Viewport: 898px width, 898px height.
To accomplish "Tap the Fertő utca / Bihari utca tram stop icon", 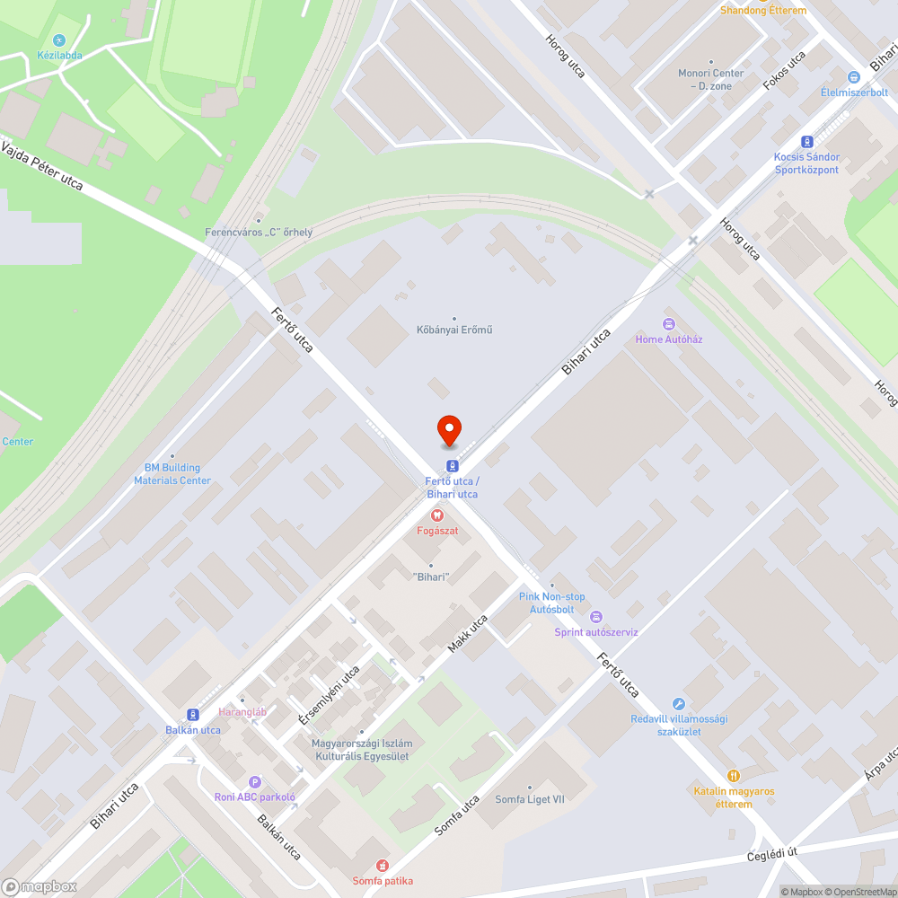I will click(x=452, y=465).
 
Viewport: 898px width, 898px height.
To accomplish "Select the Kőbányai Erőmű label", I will click(x=453, y=330).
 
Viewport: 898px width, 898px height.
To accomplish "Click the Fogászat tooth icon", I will click(x=437, y=515).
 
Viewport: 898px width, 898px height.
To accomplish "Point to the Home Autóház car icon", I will click(x=667, y=324).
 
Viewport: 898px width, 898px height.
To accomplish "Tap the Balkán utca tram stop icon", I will click(x=192, y=715).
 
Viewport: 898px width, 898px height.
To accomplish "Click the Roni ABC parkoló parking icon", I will click(x=255, y=782).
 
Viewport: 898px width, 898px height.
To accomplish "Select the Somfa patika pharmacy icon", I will click(x=383, y=866).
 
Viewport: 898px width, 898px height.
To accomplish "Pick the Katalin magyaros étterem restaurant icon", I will click(x=734, y=776).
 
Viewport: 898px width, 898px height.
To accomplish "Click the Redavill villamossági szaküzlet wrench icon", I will click(x=678, y=704).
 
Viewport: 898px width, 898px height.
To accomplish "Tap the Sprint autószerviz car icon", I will click(x=595, y=617).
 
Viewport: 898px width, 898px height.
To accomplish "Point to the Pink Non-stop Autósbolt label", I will click(x=551, y=603).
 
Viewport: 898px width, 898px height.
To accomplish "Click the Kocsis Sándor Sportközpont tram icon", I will click(x=806, y=141).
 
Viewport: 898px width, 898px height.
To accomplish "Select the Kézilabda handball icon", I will click(x=59, y=40).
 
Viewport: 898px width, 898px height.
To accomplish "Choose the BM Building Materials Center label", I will click(x=172, y=473).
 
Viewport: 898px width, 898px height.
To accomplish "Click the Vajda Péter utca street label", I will click(x=41, y=165).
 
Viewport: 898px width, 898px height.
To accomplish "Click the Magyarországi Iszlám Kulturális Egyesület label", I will click(x=361, y=750).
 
